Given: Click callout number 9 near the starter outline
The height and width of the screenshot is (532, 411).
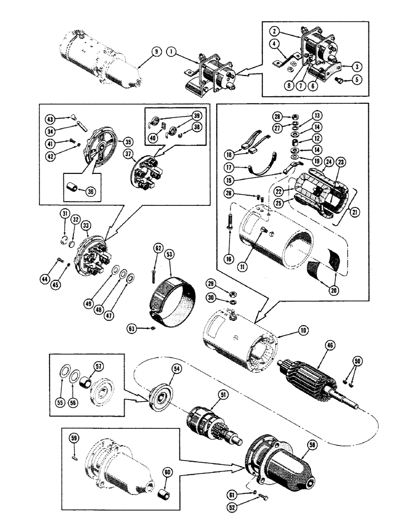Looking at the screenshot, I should click(155, 52).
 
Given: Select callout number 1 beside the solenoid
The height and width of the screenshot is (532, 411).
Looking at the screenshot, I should click(170, 52).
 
